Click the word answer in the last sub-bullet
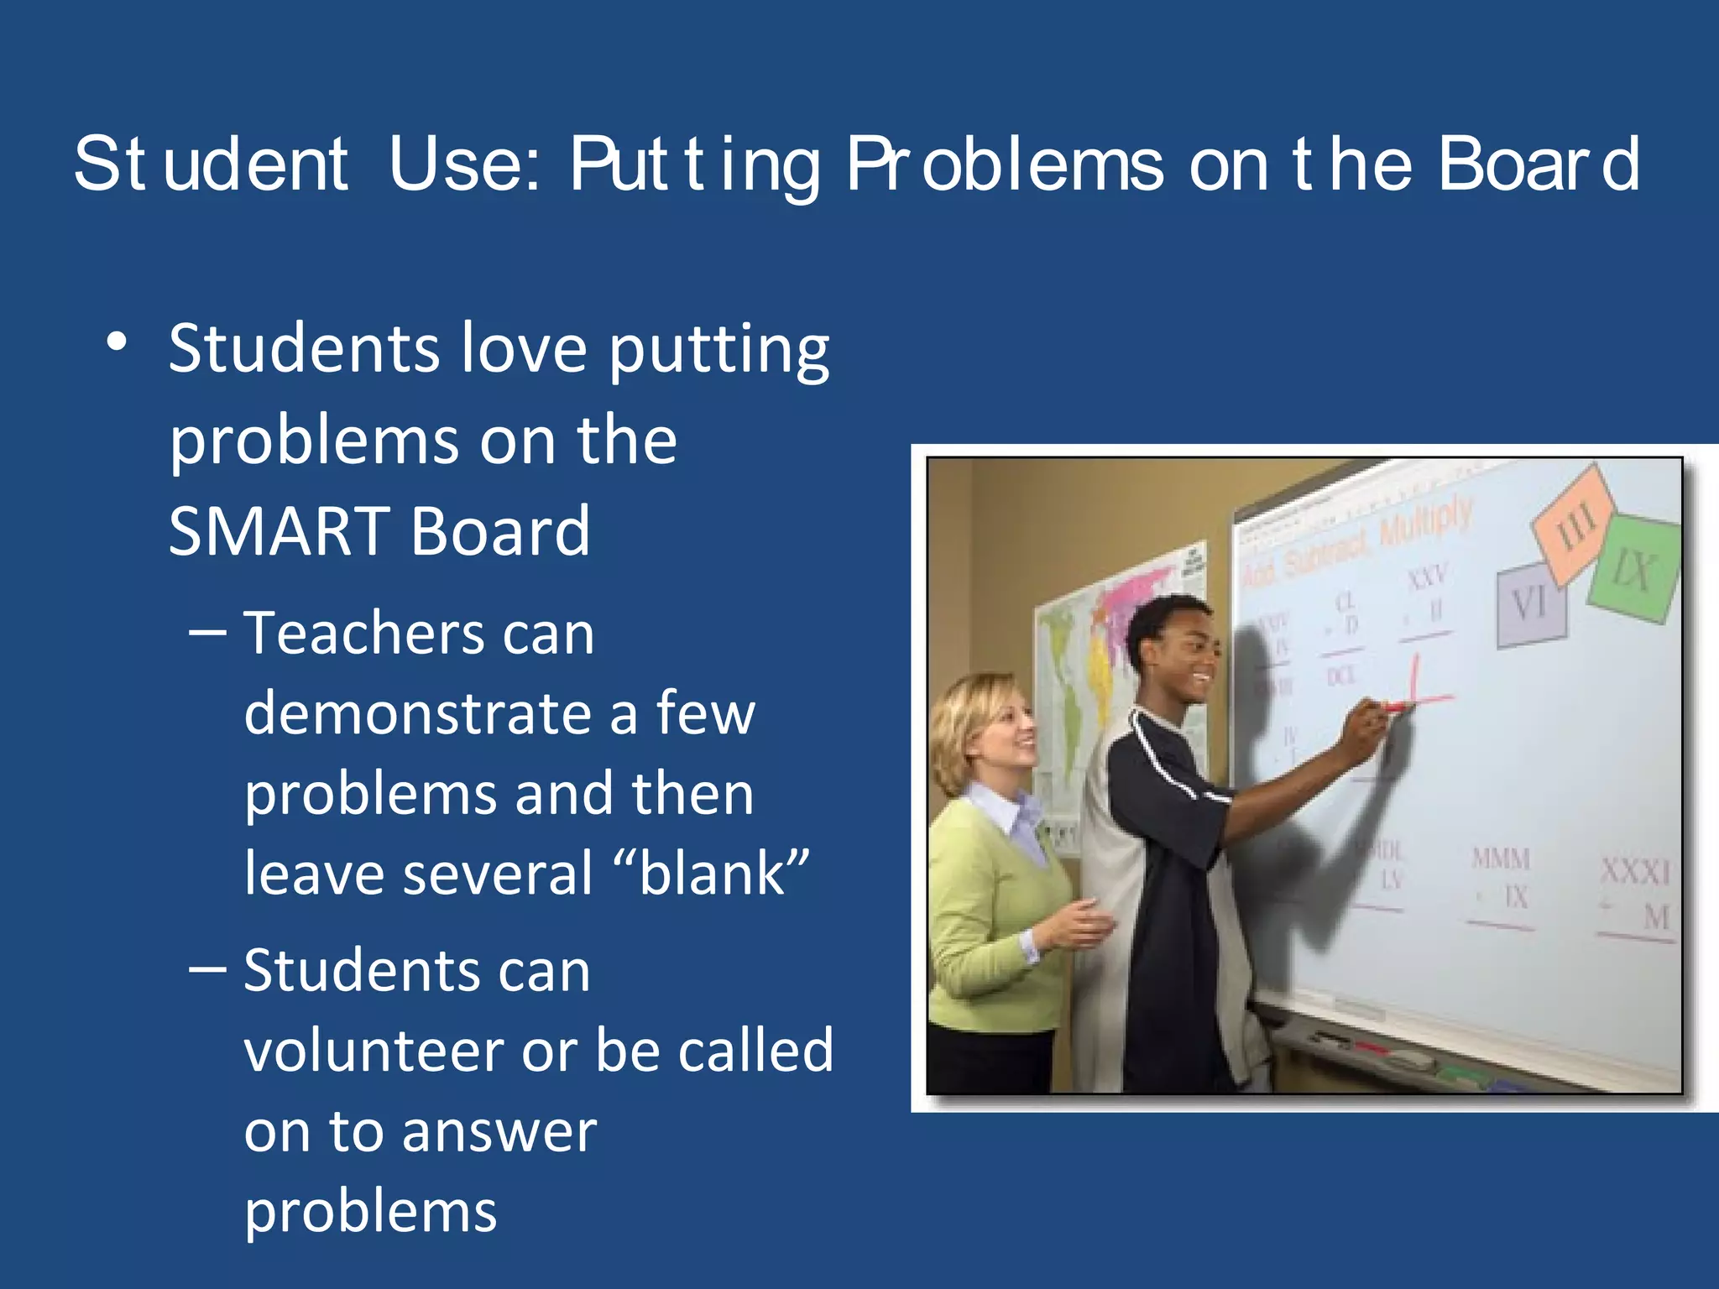pos(499,1131)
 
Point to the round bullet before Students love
pos(117,342)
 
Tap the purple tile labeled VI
pos(1531,604)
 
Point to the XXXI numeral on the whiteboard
pos(1635,871)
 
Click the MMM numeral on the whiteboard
pos(1502,858)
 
